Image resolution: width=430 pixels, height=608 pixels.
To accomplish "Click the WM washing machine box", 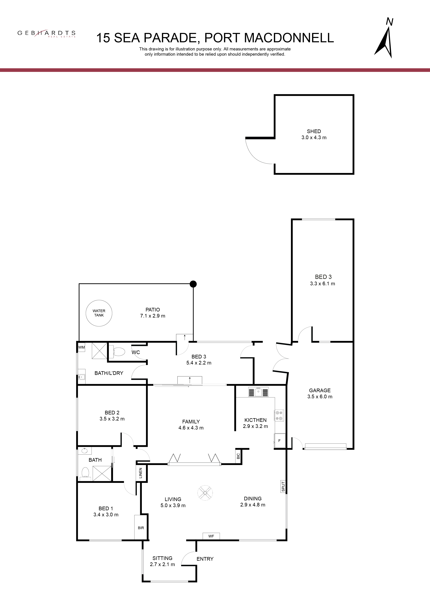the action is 81,347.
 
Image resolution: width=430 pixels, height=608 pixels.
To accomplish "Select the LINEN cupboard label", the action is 141,473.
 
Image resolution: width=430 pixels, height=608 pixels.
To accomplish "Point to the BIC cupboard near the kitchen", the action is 238,456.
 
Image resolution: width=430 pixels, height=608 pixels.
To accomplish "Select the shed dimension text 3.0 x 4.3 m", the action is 314,138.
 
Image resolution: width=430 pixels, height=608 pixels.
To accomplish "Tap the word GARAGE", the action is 320,390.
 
